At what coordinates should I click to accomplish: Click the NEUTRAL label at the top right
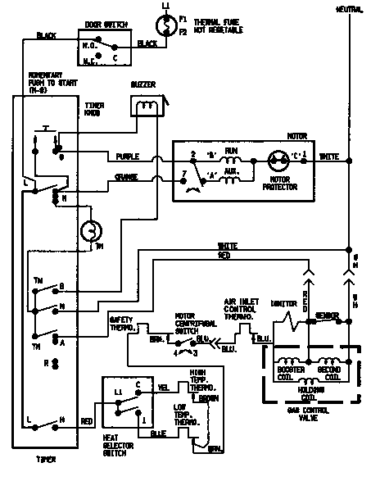348,9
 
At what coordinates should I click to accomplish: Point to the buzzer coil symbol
144,107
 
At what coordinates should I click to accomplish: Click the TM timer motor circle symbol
89,232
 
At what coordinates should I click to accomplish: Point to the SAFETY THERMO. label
124,324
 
